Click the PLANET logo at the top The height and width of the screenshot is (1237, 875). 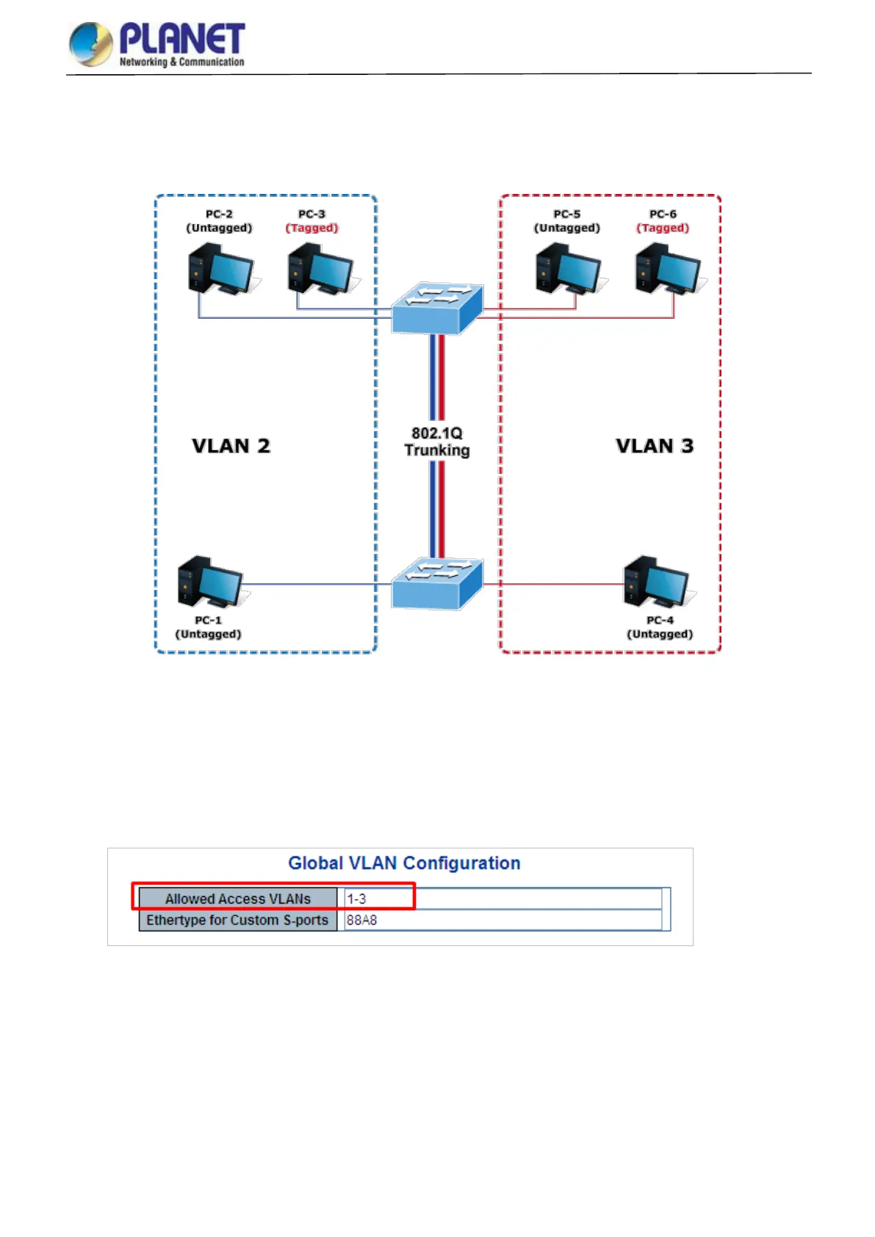pyautogui.click(x=157, y=44)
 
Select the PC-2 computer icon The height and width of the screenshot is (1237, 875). pyautogui.click(x=220, y=270)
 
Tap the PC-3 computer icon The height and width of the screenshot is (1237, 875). pyautogui.click(x=320, y=270)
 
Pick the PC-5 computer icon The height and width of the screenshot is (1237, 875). pyautogui.click(x=567, y=270)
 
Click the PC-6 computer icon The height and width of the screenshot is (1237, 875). pyautogui.click(x=667, y=270)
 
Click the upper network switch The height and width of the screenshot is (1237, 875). pyautogui.click(x=437, y=309)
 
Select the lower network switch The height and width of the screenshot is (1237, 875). pyautogui.click(x=437, y=584)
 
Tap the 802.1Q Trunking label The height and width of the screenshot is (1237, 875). pyautogui.click(x=437, y=442)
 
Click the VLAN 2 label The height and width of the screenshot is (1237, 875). pyautogui.click(x=231, y=446)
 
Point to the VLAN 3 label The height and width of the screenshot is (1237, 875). pyautogui.click(x=655, y=446)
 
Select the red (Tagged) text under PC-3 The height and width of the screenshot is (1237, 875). pyautogui.click(x=312, y=228)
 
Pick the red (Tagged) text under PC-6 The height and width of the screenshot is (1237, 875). pyautogui.click(x=663, y=228)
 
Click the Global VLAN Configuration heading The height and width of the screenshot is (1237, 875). pyautogui.click(x=404, y=863)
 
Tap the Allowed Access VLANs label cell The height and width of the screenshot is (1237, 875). pyautogui.click(x=238, y=898)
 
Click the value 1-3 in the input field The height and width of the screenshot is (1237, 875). pyautogui.click(x=356, y=898)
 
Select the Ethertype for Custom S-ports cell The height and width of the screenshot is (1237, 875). pyautogui.click(x=237, y=920)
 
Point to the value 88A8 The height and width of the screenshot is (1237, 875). pyautogui.click(x=361, y=920)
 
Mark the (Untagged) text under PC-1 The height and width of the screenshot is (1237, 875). pyautogui.click(x=208, y=634)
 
